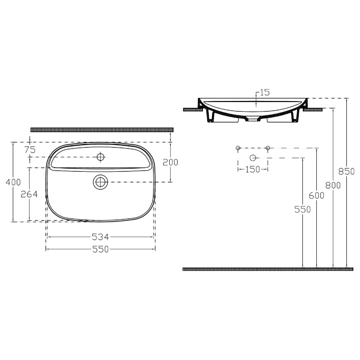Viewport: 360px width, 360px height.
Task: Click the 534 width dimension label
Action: tap(100, 237)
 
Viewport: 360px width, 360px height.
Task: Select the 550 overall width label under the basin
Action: tap(100, 249)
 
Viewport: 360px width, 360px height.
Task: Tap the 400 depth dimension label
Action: tap(13, 182)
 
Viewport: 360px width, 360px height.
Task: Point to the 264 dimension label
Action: tap(29, 194)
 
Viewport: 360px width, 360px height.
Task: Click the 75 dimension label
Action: tap(30, 150)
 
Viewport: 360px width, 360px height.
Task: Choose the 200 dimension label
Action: tap(170, 162)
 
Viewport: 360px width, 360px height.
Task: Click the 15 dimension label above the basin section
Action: tap(265, 92)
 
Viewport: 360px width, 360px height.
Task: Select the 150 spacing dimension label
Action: tap(253, 170)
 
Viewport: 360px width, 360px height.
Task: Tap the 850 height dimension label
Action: tap(347, 171)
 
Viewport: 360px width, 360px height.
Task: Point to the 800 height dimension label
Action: tap(333, 185)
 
